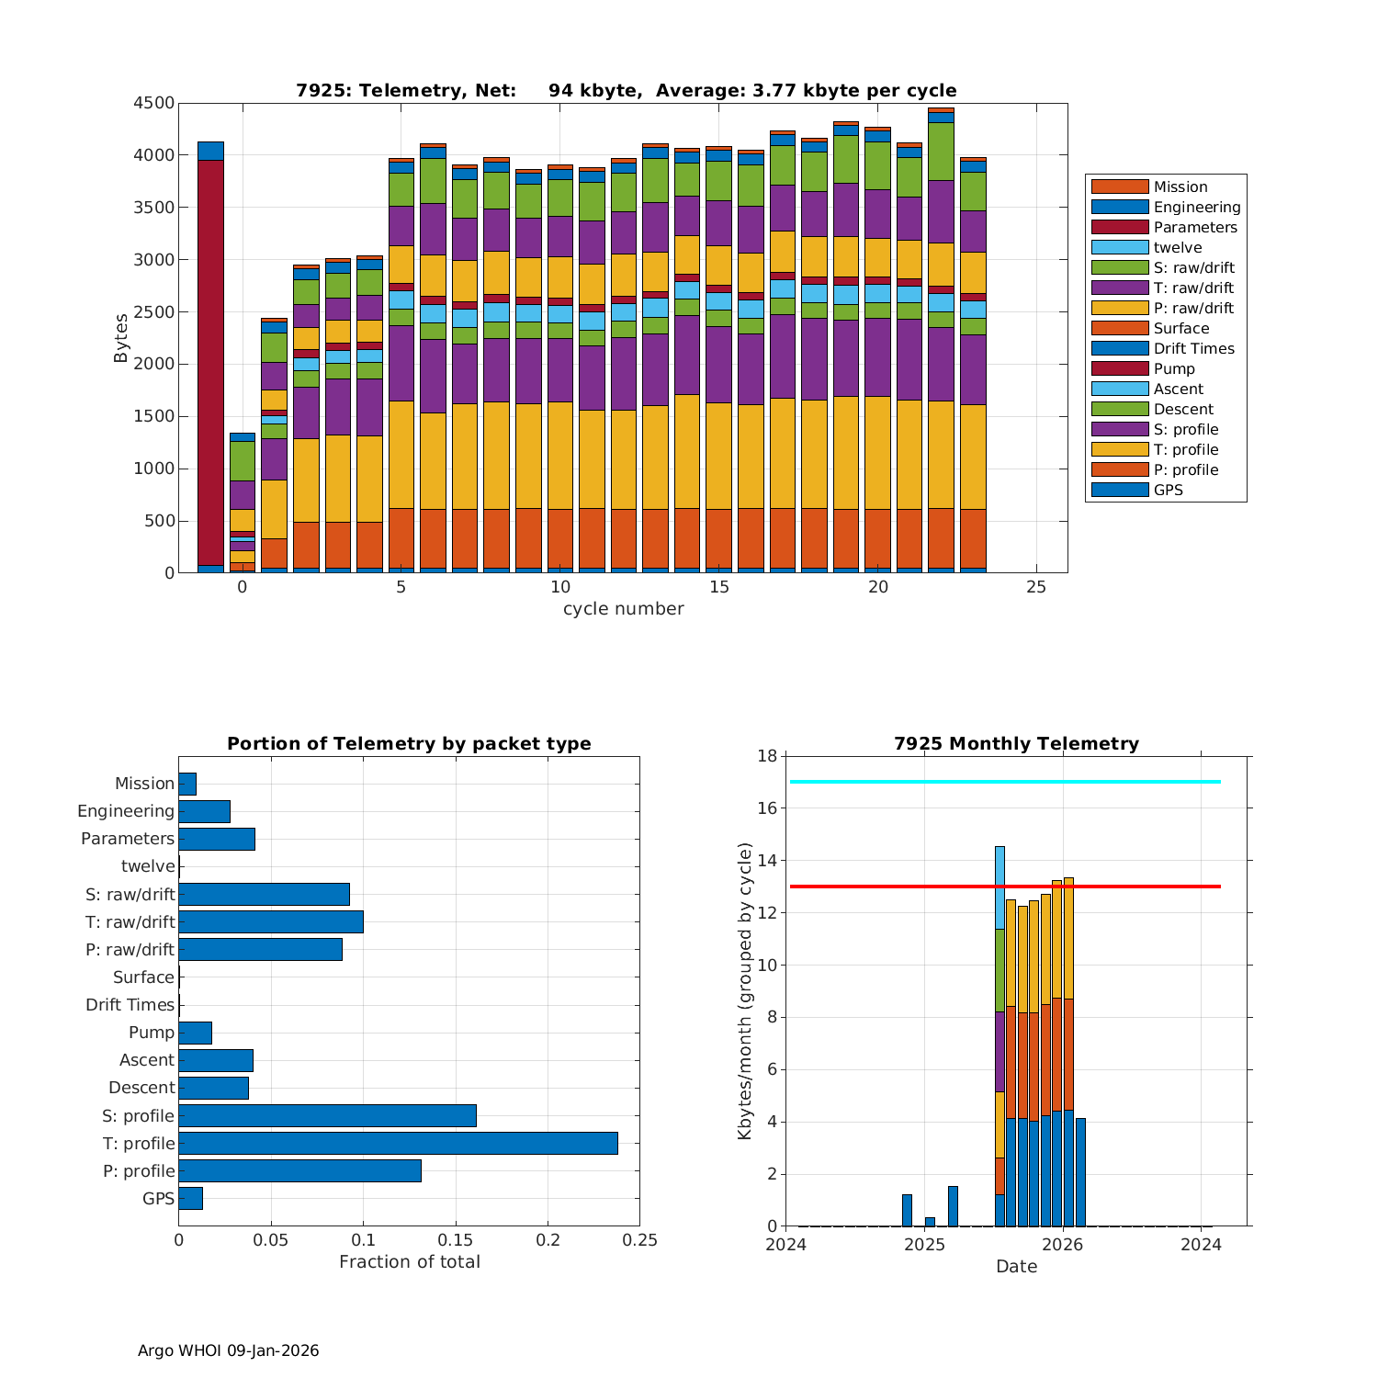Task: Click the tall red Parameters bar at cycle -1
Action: coord(210,363)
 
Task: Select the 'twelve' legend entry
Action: coord(1177,248)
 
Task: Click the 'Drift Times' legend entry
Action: coord(1193,349)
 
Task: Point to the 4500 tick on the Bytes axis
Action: coord(153,104)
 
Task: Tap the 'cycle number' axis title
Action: coord(623,609)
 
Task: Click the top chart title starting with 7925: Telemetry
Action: coord(626,91)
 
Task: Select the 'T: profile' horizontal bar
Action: coord(398,1143)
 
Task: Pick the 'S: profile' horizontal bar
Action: coord(327,1115)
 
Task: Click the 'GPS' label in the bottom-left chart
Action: coord(158,1199)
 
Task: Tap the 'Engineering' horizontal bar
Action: coord(204,811)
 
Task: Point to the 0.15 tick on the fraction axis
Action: coord(456,1240)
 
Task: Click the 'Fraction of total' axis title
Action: coord(409,1262)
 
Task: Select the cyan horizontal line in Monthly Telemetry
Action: coord(1005,782)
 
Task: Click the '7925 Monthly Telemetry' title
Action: coord(1016,744)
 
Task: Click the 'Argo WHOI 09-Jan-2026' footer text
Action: coord(228,1350)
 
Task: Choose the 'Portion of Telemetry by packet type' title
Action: coord(409,744)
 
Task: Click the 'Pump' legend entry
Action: coord(1174,369)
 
